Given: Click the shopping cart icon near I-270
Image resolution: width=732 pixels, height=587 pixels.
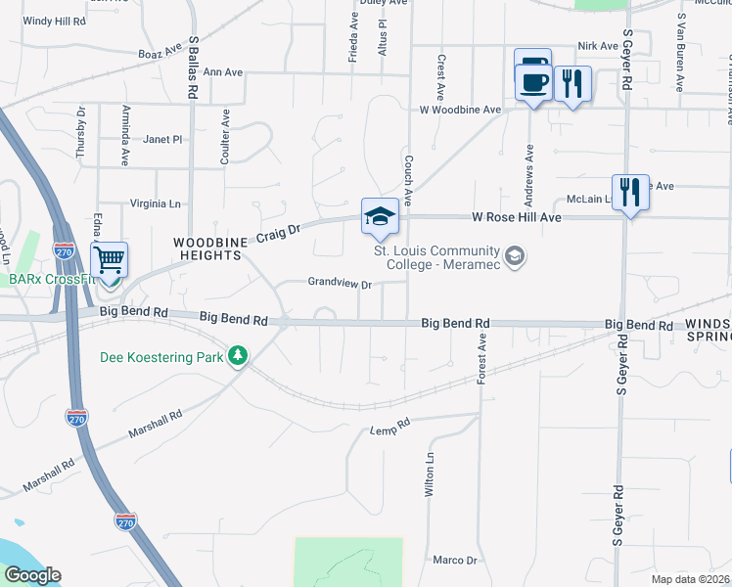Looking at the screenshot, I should pyautogui.click(x=110, y=261).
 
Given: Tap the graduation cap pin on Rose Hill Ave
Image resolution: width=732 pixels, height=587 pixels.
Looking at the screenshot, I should pyautogui.click(x=381, y=217).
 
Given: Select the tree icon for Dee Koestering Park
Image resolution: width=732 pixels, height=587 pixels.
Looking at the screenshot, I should pyautogui.click(x=237, y=355).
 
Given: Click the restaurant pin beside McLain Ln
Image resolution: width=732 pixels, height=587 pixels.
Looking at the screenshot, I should pyautogui.click(x=629, y=193).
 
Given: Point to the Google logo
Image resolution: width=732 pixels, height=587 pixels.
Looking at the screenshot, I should pyautogui.click(x=32, y=575).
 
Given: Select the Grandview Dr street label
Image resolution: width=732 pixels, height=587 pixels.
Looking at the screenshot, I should pyautogui.click(x=340, y=285).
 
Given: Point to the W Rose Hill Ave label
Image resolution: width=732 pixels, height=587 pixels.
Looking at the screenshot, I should pyautogui.click(x=517, y=217).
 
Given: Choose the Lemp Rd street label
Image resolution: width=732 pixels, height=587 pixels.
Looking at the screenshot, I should pyautogui.click(x=389, y=429).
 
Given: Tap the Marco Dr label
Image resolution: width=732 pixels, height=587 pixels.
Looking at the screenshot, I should pyautogui.click(x=454, y=561).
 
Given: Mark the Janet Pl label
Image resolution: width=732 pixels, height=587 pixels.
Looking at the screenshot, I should pyautogui.click(x=162, y=140).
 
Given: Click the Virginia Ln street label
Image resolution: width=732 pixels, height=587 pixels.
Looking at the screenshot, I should pyautogui.click(x=157, y=204).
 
